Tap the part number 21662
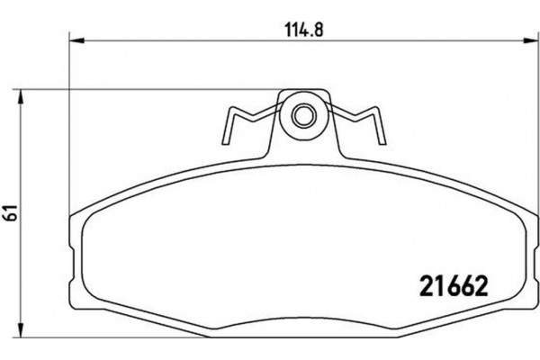pyautogui.click(x=454, y=287)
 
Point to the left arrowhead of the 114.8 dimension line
pyautogui.click(x=76, y=40)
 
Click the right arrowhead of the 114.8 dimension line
pyautogui.click(x=524, y=40)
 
